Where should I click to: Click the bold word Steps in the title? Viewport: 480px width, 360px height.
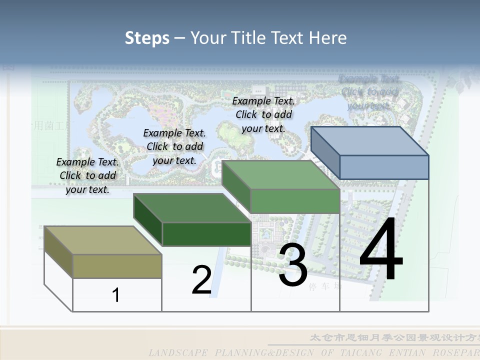coord(147,38)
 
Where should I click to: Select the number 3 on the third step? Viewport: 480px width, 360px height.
coord(293,265)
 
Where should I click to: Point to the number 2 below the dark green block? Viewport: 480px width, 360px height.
coord(201,280)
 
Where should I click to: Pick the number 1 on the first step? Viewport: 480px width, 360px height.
coord(116,295)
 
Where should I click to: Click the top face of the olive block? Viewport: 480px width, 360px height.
coord(102,240)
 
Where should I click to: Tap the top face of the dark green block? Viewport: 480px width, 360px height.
coord(192,208)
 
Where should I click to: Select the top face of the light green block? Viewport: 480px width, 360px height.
coord(280,175)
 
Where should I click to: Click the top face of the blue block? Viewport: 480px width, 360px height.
coord(370,141)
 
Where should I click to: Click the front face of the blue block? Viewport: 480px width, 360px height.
coord(384,167)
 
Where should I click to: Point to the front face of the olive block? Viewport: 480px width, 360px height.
coord(117,266)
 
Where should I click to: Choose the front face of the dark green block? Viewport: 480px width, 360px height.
coord(206,234)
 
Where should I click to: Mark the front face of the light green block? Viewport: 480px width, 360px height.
coord(295,201)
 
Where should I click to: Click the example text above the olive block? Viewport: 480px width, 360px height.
coord(87,175)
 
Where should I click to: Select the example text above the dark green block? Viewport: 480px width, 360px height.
coord(174,146)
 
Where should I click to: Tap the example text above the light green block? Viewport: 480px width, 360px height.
coord(263,114)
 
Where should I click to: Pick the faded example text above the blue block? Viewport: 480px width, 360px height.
coord(369,92)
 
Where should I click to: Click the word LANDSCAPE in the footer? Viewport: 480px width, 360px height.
coord(177,353)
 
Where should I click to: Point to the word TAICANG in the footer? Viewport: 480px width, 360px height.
coord(360,353)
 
